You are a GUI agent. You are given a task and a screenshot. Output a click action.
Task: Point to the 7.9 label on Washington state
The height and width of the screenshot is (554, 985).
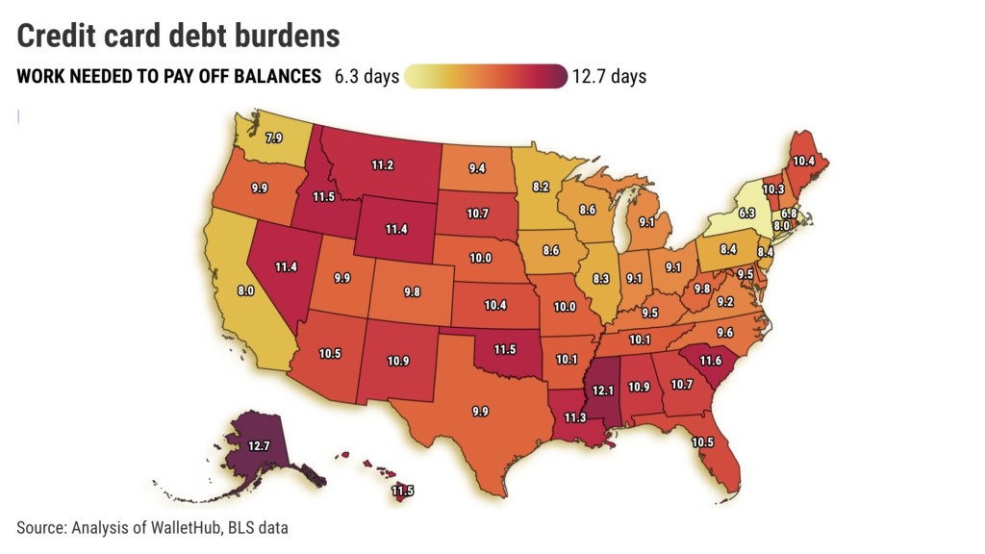coord(274,138)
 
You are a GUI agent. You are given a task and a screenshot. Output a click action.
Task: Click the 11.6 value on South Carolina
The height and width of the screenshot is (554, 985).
coord(711,360)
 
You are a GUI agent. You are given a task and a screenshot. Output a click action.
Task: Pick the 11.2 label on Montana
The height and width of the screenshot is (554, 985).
coord(383,164)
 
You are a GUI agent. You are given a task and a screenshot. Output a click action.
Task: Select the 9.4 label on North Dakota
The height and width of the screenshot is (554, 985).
coord(477,168)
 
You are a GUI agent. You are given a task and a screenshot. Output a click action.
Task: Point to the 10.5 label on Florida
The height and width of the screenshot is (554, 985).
coord(702,441)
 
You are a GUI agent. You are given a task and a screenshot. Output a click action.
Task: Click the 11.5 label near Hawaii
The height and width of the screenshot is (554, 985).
coord(402,491)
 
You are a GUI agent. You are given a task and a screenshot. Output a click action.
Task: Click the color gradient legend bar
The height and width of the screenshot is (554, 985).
coord(486,76)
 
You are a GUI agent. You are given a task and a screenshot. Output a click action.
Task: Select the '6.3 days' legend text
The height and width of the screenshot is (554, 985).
coord(366,76)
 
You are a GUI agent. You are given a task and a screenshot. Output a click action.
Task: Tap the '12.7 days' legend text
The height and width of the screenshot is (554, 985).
coord(609,76)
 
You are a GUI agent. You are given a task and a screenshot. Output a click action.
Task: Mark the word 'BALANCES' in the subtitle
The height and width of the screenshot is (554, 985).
coord(277,77)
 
